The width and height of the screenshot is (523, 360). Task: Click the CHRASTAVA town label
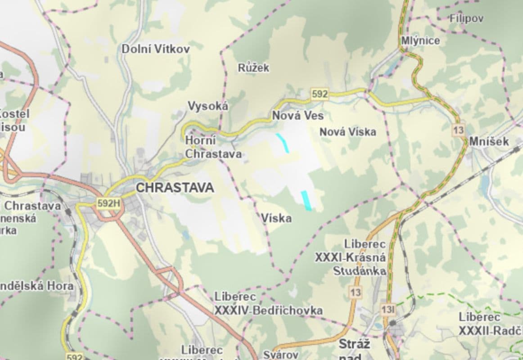point(175,188)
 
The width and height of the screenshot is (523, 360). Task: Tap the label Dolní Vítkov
point(156,49)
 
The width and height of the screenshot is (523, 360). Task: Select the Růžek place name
point(253,68)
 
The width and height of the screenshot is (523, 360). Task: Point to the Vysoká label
point(208,106)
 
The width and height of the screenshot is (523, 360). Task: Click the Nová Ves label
point(298,116)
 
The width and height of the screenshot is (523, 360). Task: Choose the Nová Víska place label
point(347,132)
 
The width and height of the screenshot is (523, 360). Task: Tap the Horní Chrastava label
point(213,148)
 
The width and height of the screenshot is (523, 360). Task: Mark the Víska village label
point(276,219)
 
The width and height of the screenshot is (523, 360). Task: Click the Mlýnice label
point(420,40)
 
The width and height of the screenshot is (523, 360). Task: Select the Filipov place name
point(466,18)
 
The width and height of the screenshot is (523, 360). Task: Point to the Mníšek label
point(489,142)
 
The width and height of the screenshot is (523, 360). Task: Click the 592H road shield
point(109,203)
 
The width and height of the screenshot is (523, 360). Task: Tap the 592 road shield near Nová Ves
point(320,94)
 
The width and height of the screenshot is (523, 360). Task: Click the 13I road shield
point(388,310)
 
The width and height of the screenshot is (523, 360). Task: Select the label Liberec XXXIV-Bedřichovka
point(268,304)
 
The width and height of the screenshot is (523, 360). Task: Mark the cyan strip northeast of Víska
point(307,201)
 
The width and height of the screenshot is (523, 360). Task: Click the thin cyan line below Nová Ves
point(283,142)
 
